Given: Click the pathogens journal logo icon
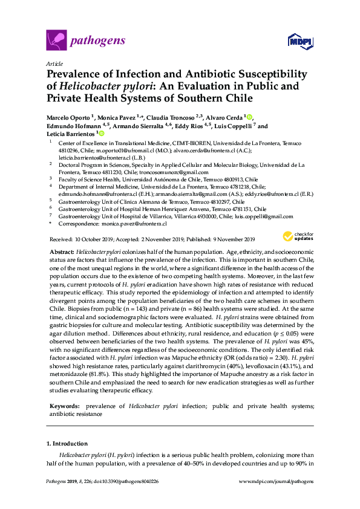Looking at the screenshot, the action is click(x=56, y=41).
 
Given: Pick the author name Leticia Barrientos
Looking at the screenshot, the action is click(x=67, y=134).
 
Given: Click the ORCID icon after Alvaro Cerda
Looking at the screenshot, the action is click(x=249, y=117).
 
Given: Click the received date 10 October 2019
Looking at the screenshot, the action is click(x=93, y=239).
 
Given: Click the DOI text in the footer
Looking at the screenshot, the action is click(x=126, y=482).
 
